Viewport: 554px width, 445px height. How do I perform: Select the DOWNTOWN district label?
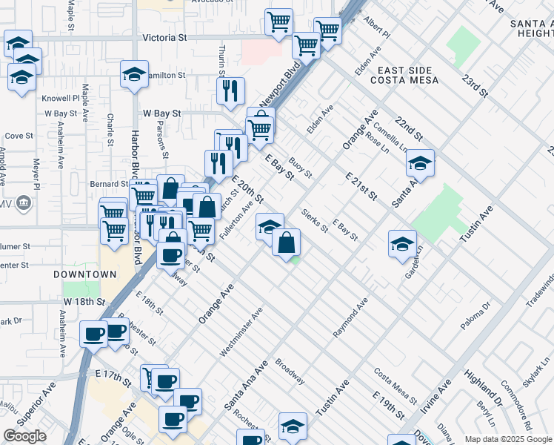click(85, 274)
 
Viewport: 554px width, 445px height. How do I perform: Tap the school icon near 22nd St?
click(421, 164)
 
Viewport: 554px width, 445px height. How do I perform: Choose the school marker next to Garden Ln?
click(402, 243)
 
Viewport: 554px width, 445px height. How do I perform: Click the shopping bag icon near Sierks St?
click(286, 242)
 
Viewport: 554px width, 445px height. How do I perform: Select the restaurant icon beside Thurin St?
click(230, 90)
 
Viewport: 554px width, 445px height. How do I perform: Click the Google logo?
click(24, 436)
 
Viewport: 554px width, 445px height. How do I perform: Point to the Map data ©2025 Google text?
click(508, 439)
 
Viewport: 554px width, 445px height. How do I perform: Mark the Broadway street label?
click(290, 372)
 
